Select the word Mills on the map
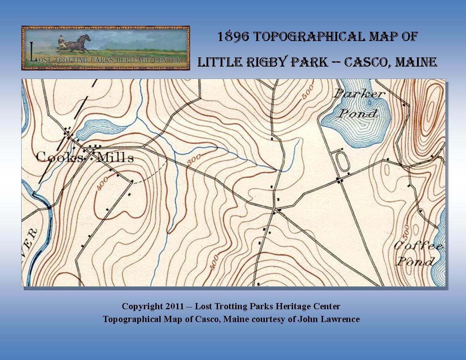tap(114, 157)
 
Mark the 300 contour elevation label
tap(191, 161)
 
